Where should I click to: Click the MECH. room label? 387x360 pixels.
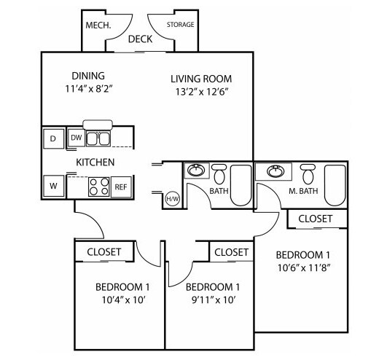coord(98,26)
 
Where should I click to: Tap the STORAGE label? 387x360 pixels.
coord(181,25)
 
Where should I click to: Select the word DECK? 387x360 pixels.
coord(140,39)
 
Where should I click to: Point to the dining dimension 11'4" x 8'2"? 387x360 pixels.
coord(89,89)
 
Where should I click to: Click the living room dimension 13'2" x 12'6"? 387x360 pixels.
coord(201,92)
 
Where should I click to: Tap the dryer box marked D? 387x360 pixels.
coord(53,138)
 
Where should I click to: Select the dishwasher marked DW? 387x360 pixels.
coord(77,138)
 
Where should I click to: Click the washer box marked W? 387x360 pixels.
coord(53,186)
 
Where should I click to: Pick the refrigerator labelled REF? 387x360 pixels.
coord(121,187)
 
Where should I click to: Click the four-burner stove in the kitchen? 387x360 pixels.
coord(99,187)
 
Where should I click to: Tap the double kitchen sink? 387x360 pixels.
coord(98,138)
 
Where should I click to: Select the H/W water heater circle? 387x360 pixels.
coord(173,199)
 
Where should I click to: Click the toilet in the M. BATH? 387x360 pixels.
coord(308,173)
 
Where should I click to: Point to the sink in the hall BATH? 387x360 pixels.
coord(196,171)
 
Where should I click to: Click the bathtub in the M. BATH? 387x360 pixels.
coord(335,186)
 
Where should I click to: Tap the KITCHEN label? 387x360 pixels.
coord(95,163)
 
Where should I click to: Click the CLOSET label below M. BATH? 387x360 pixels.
coord(315,219)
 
